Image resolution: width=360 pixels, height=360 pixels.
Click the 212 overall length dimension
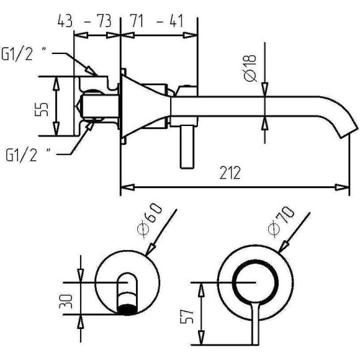230,173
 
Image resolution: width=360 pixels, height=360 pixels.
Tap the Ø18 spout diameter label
250,68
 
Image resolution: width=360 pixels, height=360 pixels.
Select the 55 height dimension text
42,109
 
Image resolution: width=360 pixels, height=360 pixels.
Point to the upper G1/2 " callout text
24,54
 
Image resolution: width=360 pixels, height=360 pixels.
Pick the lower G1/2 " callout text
28,155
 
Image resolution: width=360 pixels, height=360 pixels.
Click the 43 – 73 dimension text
84,20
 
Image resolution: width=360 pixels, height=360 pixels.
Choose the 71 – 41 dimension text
157,20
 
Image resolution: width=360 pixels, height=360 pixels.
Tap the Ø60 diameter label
150,221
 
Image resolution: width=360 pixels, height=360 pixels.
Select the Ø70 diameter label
281,222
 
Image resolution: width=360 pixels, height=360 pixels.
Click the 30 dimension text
66,301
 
